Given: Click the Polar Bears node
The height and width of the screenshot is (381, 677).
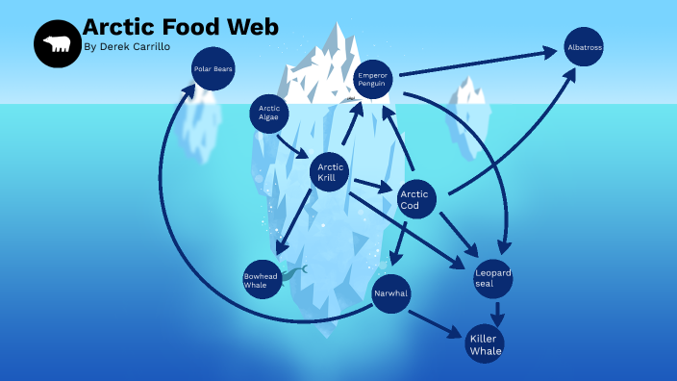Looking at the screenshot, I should tap(213, 69).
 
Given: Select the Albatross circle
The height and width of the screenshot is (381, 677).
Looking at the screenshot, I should tap(584, 46).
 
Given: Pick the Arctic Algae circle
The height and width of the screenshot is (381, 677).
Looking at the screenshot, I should tap(269, 114).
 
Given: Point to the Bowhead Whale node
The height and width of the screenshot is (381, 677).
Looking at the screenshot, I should tap(262, 278).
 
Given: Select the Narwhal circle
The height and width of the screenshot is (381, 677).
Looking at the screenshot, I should tap(390, 292).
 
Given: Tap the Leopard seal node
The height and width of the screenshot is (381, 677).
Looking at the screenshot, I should tap(493, 277).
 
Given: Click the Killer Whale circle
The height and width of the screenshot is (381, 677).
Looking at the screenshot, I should tap(485, 343).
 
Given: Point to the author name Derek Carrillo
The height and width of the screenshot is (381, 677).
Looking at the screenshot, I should tap(135, 46).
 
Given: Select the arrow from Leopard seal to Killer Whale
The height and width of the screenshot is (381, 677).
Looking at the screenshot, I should tap(497, 312).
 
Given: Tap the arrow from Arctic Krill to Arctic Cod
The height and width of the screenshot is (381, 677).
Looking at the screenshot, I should tap(372, 185).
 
